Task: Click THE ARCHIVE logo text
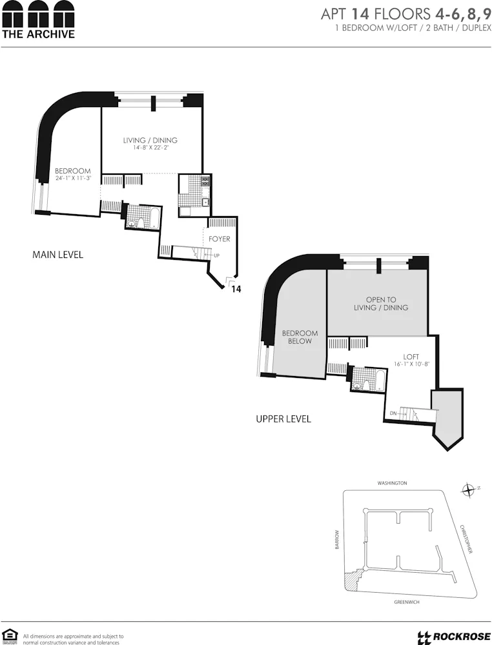(x=38, y=34)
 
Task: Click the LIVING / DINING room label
(x=150, y=140)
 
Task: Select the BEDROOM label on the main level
(x=72, y=171)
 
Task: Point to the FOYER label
(x=220, y=239)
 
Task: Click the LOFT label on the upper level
(x=411, y=356)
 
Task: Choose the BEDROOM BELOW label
(x=300, y=337)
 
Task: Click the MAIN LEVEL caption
(x=57, y=255)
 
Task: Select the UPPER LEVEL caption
(x=283, y=419)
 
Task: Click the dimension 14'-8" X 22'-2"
(x=150, y=148)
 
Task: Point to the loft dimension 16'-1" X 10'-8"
(x=411, y=364)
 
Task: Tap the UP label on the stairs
(x=217, y=255)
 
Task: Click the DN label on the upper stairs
(x=393, y=413)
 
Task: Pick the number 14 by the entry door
(x=236, y=290)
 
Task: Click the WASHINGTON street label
(x=393, y=483)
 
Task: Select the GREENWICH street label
(x=407, y=602)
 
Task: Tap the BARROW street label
(x=336, y=540)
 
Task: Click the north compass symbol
(x=468, y=491)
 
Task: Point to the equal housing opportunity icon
(x=8, y=635)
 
